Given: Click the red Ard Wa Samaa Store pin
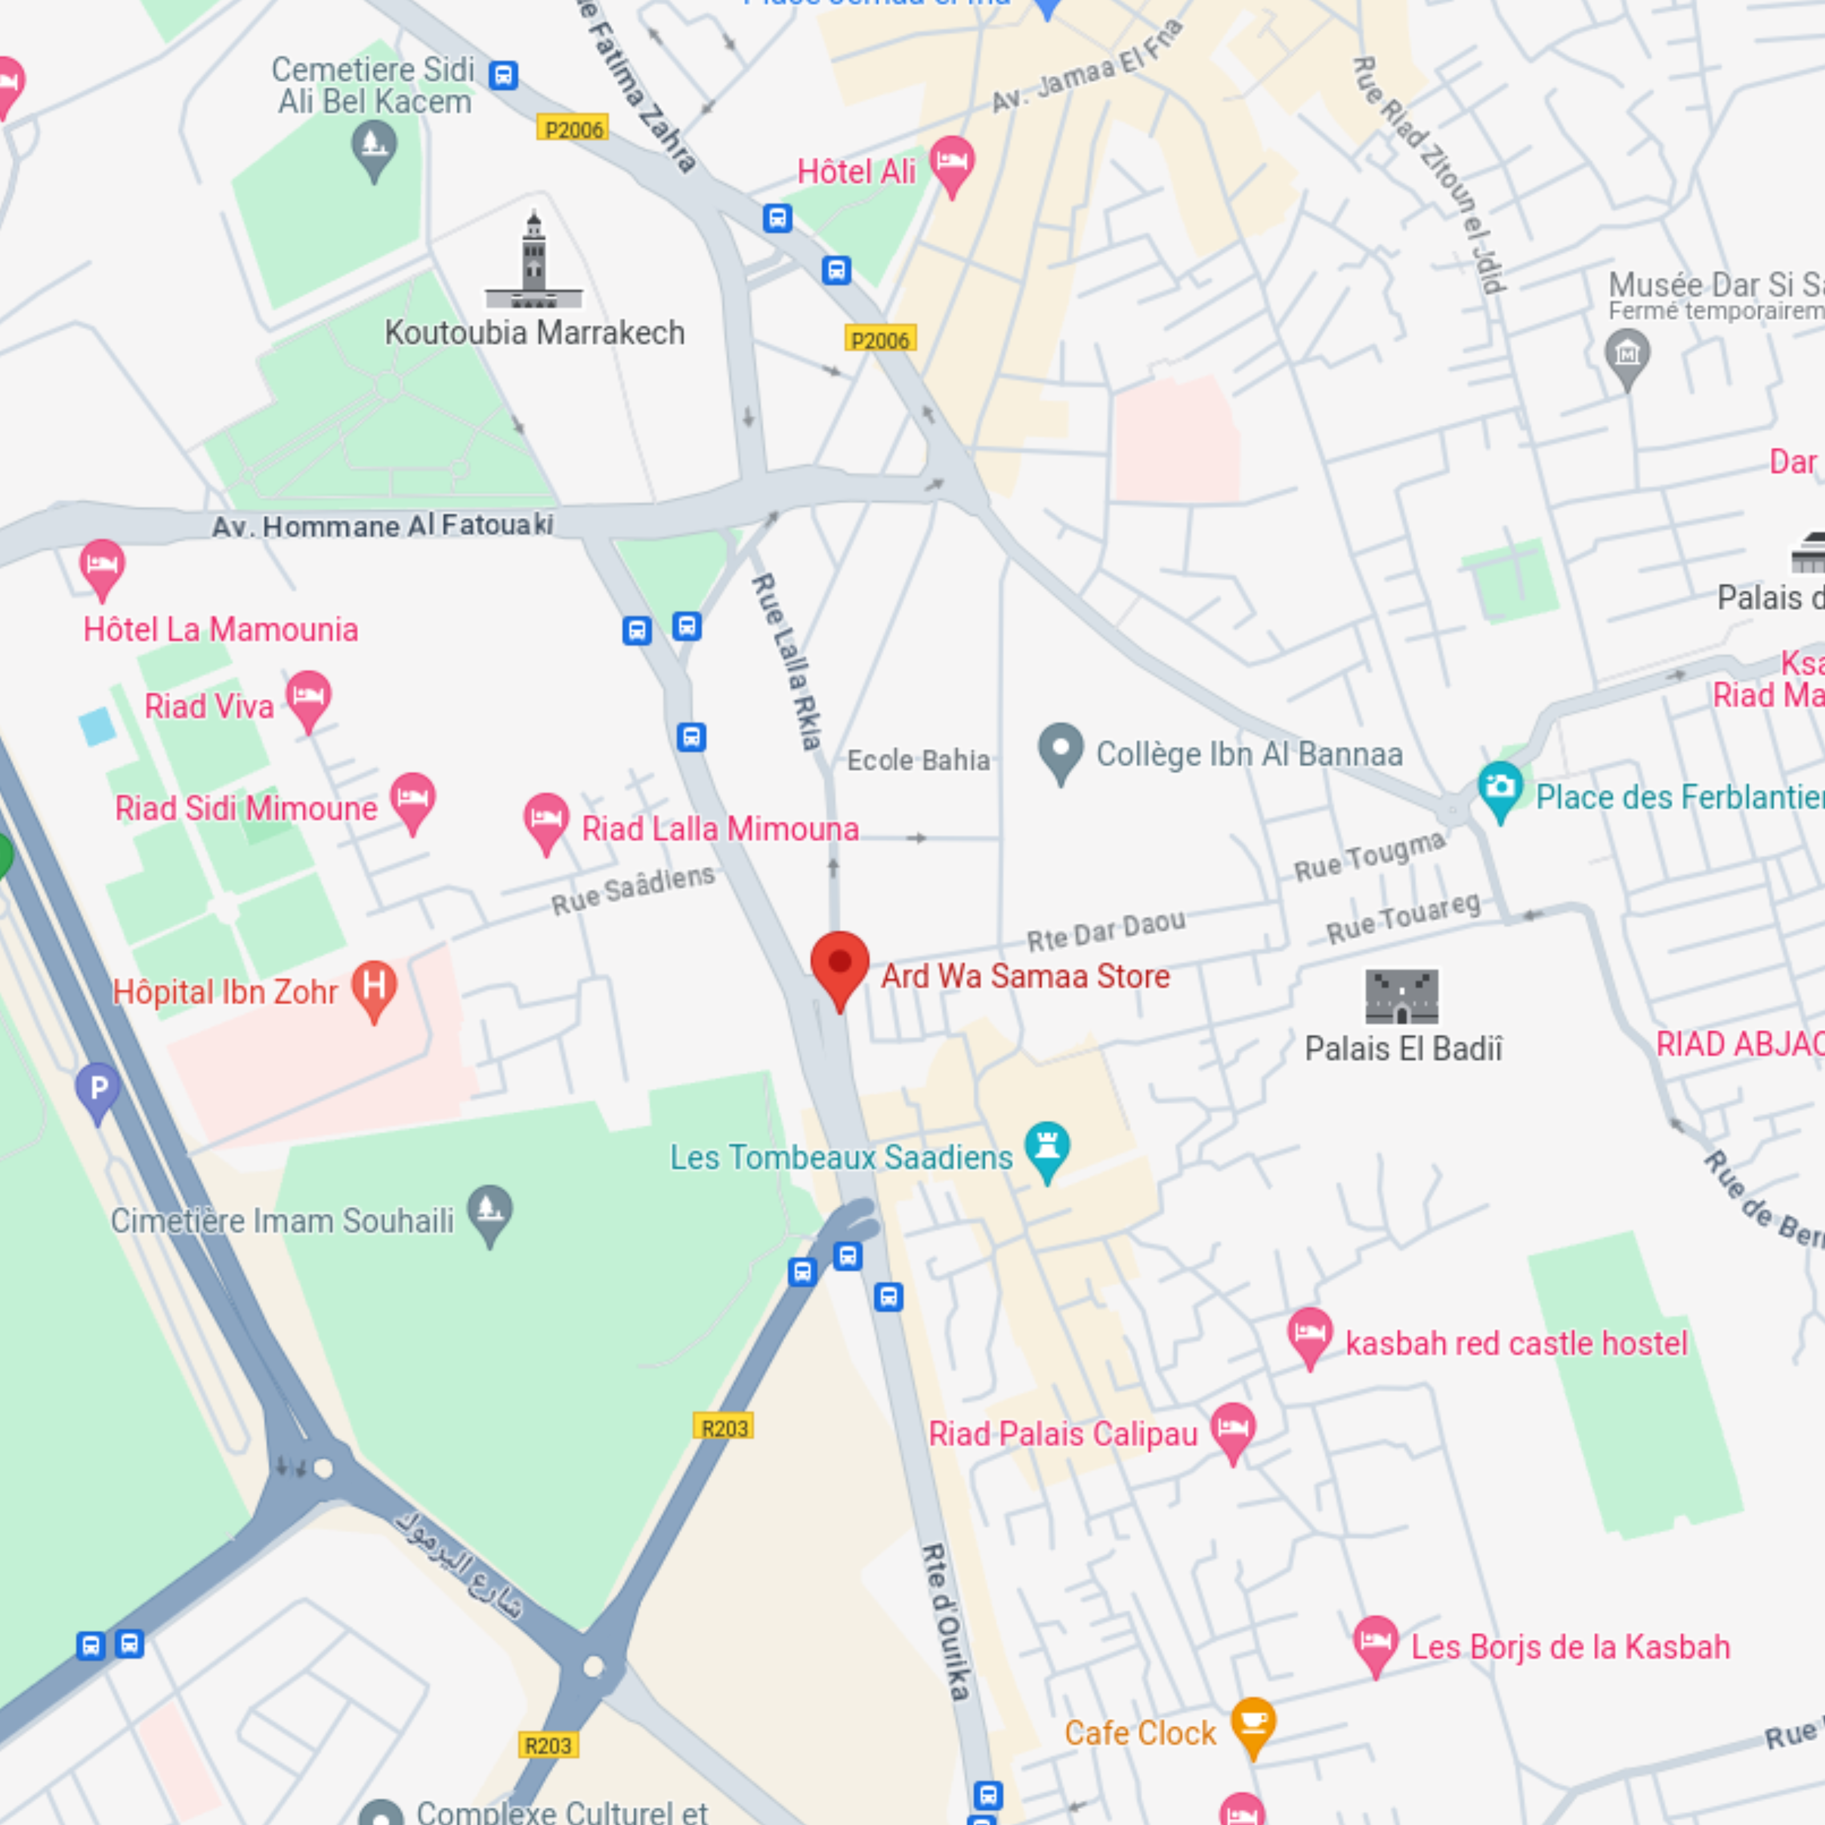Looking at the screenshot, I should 839,966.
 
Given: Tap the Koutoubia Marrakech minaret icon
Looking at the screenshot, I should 534,262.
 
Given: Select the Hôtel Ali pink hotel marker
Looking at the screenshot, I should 951,163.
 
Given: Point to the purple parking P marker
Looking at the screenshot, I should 98,1089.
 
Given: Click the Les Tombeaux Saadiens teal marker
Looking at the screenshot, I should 1047,1147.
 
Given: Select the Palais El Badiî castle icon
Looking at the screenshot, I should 1402,996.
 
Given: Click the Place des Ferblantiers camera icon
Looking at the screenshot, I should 1500,788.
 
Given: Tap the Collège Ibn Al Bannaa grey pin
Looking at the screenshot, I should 1060,750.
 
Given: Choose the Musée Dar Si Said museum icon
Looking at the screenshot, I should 1627,355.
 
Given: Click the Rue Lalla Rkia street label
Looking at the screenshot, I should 786,661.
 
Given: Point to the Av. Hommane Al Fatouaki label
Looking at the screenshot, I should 383,525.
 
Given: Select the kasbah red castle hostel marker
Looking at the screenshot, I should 1309,1334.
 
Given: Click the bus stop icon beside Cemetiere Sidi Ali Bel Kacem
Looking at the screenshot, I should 504,75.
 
